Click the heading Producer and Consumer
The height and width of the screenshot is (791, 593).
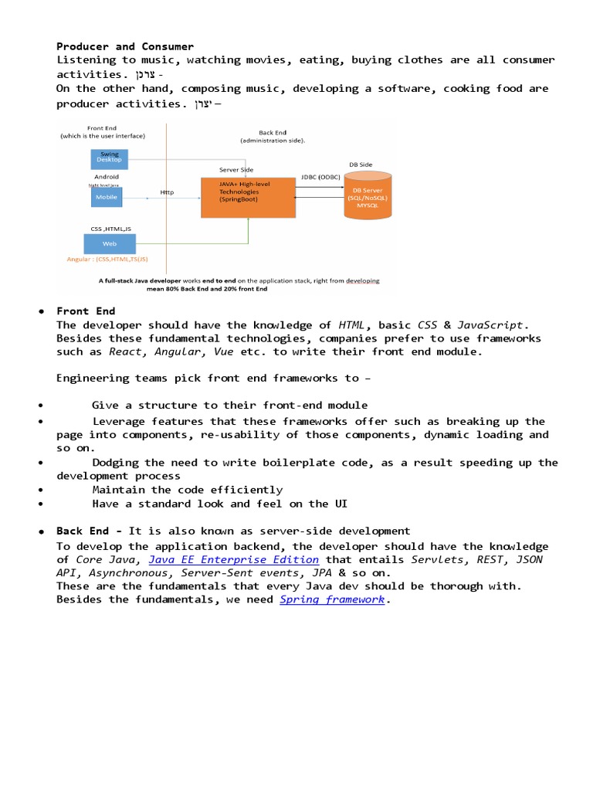[125, 46]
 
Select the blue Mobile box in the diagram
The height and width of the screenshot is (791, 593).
[106, 197]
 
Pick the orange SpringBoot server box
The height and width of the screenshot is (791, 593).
[248, 196]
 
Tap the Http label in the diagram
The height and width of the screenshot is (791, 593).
[167, 192]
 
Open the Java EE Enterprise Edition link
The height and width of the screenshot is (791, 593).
[233, 559]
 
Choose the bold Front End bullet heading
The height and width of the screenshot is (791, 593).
[86, 311]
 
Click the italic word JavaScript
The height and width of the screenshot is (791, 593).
[491, 325]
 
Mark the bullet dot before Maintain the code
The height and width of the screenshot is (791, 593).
[39, 490]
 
